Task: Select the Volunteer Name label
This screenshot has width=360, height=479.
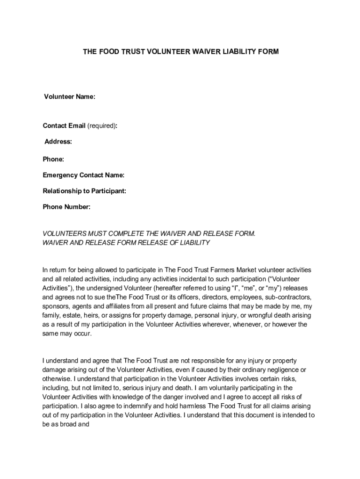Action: (70, 97)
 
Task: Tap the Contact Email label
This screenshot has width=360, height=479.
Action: (64, 126)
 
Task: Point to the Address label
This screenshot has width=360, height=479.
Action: (58, 142)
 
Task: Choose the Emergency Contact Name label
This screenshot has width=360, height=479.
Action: (84, 175)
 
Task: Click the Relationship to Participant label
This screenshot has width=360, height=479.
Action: (85, 191)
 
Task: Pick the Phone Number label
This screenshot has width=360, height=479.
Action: (66, 207)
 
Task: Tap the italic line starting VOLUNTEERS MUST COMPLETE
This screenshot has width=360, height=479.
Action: (149, 233)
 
